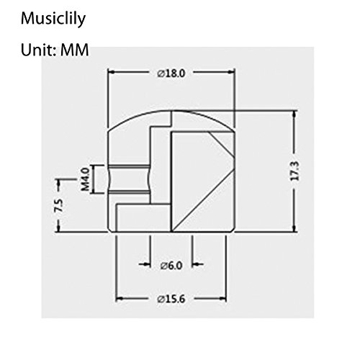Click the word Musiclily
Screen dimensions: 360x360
[x=53, y=19]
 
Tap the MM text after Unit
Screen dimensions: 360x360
[x=75, y=50]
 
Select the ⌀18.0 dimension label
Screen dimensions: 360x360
[x=171, y=73]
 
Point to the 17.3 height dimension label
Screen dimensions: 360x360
[x=295, y=171]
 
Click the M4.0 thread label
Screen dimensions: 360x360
[x=85, y=179]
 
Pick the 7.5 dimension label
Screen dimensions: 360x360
[x=59, y=205]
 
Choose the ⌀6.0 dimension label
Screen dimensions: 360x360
[x=171, y=266]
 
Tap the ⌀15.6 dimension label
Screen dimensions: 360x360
[x=171, y=300]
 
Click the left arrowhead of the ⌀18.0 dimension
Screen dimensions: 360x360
[x=111, y=72]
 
